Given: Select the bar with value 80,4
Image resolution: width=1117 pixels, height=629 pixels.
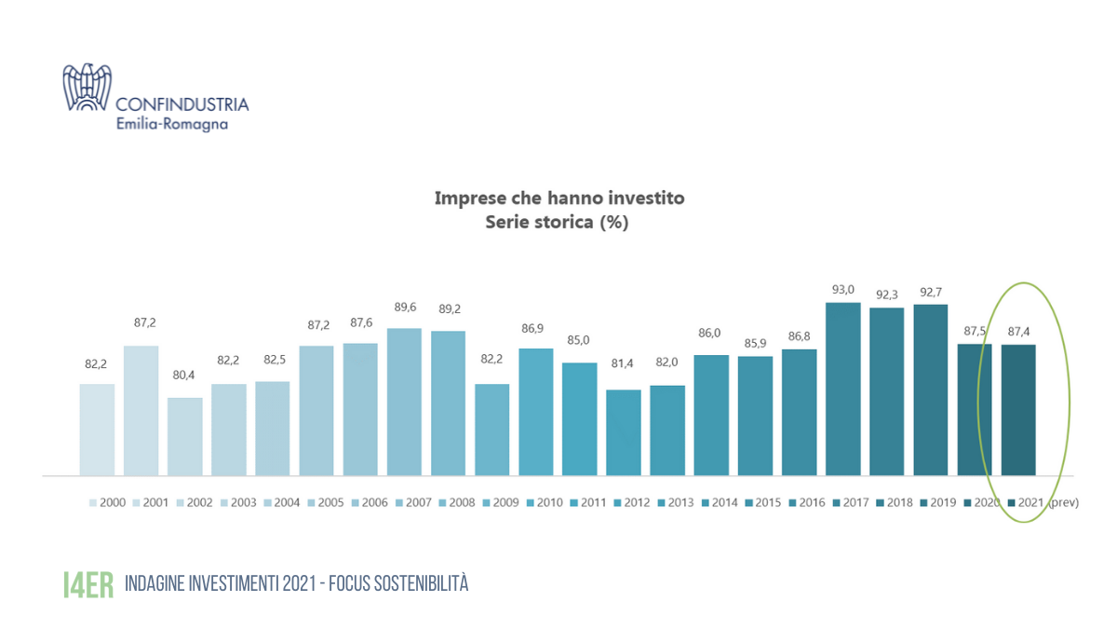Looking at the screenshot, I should pyautogui.click(x=184, y=436).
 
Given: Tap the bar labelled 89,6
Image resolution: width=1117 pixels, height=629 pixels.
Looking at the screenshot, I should pyautogui.click(x=404, y=401).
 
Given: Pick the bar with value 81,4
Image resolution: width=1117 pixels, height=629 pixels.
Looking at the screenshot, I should pyautogui.click(x=624, y=431).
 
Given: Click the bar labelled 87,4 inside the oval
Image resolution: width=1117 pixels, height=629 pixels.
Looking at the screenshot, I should pyautogui.click(x=1018, y=409).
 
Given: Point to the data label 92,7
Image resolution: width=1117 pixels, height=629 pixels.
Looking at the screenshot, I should pyautogui.click(x=930, y=292).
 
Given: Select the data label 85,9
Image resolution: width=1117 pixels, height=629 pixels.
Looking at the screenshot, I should pyautogui.click(x=755, y=344).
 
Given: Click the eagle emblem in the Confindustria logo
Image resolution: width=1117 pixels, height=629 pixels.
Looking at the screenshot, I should pyautogui.click(x=87, y=87).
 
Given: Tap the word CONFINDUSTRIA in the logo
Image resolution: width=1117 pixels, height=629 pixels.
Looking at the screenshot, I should pyautogui.click(x=182, y=104).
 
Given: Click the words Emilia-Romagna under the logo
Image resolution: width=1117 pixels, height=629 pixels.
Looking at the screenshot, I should pyautogui.click(x=170, y=124).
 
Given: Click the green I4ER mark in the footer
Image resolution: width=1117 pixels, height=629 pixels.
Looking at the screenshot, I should pyautogui.click(x=87, y=584).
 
